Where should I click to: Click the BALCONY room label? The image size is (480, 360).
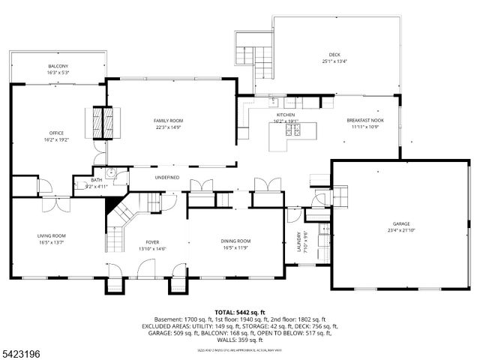tap(58, 65)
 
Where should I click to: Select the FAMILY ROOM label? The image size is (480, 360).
tap(169, 121)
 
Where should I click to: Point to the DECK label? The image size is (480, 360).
tap(334, 54)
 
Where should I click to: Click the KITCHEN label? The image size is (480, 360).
tap(286, 115)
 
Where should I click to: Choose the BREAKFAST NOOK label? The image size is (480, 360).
tap(365, 121)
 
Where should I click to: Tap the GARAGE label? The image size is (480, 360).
tap(402, 223)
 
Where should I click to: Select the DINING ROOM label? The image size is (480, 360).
tap(235, 241)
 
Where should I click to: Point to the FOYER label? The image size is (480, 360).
tap(152, 242)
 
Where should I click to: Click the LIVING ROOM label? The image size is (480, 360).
tap(52, 236)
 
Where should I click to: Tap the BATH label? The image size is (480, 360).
tap(97, 180)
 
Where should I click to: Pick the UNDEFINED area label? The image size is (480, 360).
tap(166, 177)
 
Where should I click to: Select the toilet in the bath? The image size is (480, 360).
tap(109, 173)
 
